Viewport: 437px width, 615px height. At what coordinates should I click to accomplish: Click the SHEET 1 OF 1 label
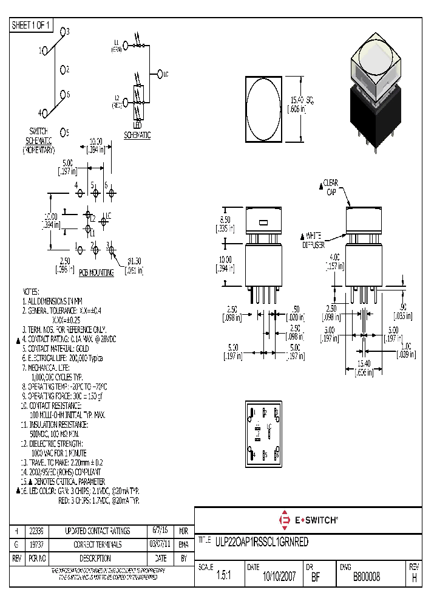[32, 25]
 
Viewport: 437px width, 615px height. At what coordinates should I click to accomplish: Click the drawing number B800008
[366, 577]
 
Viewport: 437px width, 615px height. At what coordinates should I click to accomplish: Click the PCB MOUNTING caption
[97, 273]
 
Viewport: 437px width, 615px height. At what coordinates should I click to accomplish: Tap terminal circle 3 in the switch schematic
[63, 32]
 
